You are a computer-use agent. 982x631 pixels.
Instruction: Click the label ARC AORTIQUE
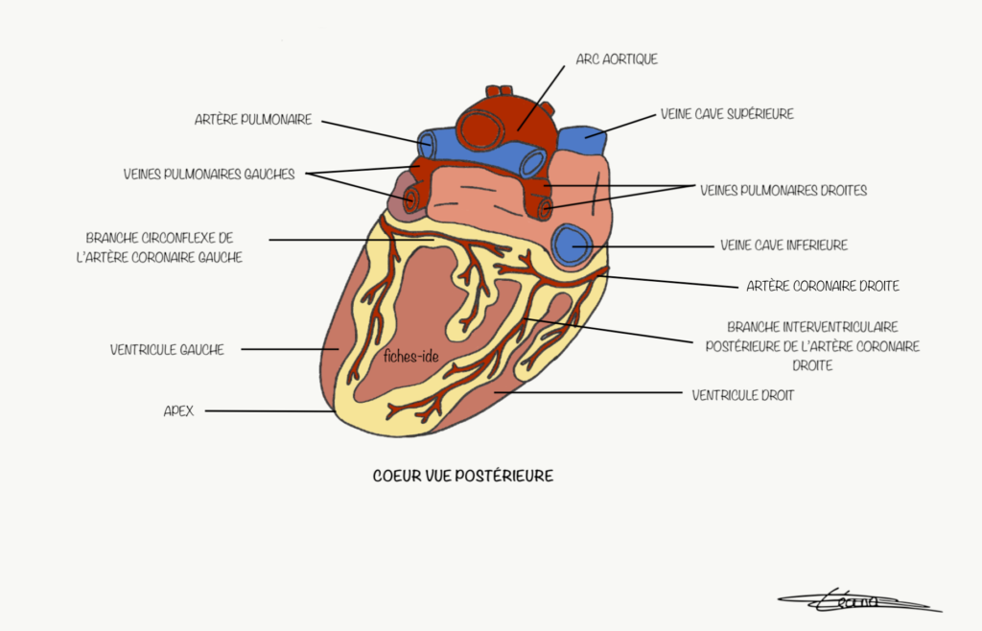click(616, 59)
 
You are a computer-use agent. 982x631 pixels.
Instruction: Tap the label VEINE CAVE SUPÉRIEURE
click(727, 114)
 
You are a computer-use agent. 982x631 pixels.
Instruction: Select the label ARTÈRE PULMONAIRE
click(253, 120)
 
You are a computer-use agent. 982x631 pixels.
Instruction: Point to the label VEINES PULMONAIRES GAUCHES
click(208, 175)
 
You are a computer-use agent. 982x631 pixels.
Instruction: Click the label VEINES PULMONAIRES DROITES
click(783, 191)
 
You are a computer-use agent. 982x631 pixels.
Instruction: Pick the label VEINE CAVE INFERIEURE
click(783, 245)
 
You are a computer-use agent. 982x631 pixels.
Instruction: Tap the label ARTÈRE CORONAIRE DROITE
click(822, 286)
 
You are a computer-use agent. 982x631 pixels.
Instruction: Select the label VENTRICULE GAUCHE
click(167, 350)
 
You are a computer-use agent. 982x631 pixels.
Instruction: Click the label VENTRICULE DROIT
click(742, 395)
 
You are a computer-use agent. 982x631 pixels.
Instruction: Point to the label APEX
click(178, 410)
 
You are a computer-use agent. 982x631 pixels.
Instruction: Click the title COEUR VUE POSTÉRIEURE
click(462, 476)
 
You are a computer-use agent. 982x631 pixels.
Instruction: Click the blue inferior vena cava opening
click(574, 245)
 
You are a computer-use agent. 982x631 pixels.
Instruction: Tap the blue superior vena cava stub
click(584, 140)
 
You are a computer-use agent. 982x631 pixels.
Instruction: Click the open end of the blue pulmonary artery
click(426, 145)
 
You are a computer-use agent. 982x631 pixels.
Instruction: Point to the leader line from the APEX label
click(269, 411)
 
